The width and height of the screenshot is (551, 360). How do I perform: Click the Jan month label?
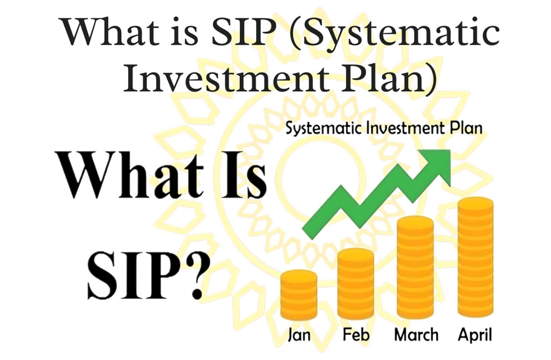(x=299, y=334)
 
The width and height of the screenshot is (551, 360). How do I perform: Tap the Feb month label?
(x=356, y=334)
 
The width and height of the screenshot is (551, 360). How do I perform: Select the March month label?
(x=417, y=334)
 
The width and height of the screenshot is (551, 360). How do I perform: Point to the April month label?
(x=475, y=335)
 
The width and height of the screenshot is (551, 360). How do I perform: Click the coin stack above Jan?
(x=299, y=294)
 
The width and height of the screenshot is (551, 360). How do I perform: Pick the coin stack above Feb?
(x=355, y=283)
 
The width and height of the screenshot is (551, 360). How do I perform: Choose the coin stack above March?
(x=415, y=267)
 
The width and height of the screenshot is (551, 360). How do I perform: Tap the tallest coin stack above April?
(x=475, y=257)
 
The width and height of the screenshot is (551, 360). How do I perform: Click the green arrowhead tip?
(x=450, y=150)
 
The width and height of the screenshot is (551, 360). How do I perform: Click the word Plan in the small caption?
(x=467, y=128)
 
